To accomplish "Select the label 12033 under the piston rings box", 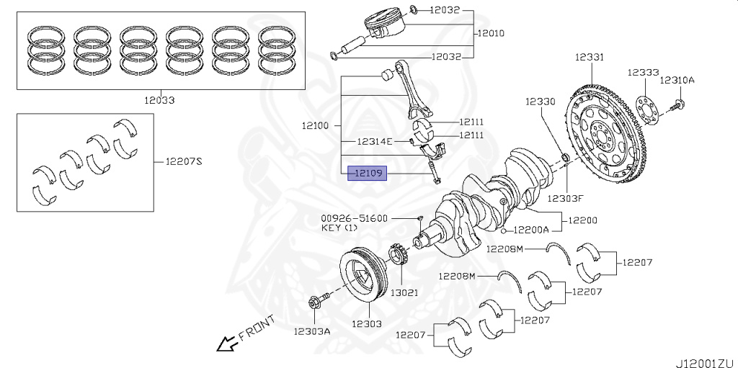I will coord(158,101).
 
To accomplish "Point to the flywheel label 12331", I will coord(590,57).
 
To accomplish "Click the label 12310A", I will coord(677,80).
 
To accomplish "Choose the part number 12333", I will coord(642,73).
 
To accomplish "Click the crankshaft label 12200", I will coord(583,220).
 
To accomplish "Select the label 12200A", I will coord(531,230).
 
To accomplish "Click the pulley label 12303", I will coord(367,325).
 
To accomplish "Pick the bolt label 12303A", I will coord(311,331).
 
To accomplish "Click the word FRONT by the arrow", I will coord(257,327).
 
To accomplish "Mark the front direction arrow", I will coord(227,344).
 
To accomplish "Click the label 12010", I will coord(489,33).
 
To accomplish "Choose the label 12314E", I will coord(375,141).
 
